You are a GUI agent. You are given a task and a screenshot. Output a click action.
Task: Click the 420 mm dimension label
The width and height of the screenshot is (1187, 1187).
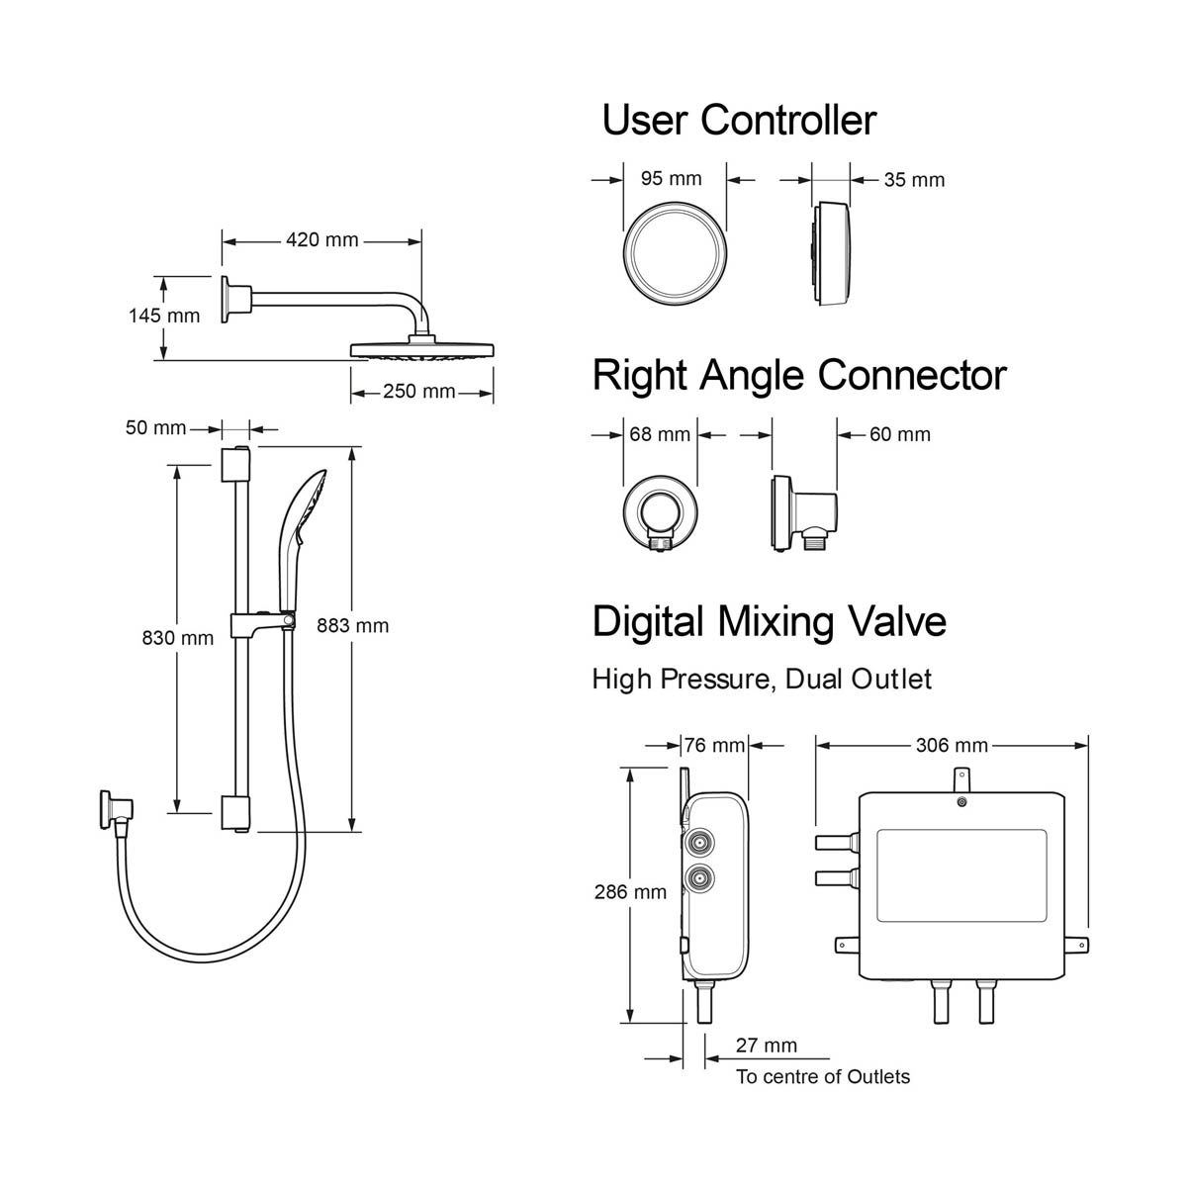[x=322, y=239]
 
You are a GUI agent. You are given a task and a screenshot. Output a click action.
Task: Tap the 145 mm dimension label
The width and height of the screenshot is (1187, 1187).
[x=164, y=316]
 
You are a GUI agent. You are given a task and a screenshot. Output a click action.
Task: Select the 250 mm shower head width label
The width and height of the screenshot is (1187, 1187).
[x=419, y=392]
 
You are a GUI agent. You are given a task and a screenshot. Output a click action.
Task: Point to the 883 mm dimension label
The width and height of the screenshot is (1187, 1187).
[x=353, y=625]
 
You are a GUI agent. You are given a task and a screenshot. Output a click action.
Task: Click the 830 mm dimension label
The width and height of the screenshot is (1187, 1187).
[x=178, y=638]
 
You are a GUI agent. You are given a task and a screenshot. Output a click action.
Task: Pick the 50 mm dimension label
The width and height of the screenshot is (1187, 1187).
[x=155, y=428]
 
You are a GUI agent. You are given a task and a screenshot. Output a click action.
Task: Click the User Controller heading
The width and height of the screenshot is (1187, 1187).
[x=739, y=121]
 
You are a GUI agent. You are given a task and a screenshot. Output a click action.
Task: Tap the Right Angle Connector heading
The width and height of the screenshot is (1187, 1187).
[x=799, y=376]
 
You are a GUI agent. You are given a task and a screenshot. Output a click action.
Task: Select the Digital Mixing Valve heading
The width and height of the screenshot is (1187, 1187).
[x=770, y=622]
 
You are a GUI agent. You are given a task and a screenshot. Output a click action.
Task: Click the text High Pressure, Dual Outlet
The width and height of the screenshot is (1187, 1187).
[x=762, y=680]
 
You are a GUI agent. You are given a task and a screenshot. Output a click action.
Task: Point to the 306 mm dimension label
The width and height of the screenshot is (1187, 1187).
[x=952, y=746]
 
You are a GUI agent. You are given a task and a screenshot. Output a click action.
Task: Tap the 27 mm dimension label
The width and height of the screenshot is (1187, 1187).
[x=766, y=1046]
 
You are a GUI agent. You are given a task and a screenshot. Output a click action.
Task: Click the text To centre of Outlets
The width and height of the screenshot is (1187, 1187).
[x=823, y=1077]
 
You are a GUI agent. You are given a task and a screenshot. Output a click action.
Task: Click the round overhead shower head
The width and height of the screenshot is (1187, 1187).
[x=422, y=350]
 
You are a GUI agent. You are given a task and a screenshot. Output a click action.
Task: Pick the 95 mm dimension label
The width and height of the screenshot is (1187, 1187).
[x=671, y=179]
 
